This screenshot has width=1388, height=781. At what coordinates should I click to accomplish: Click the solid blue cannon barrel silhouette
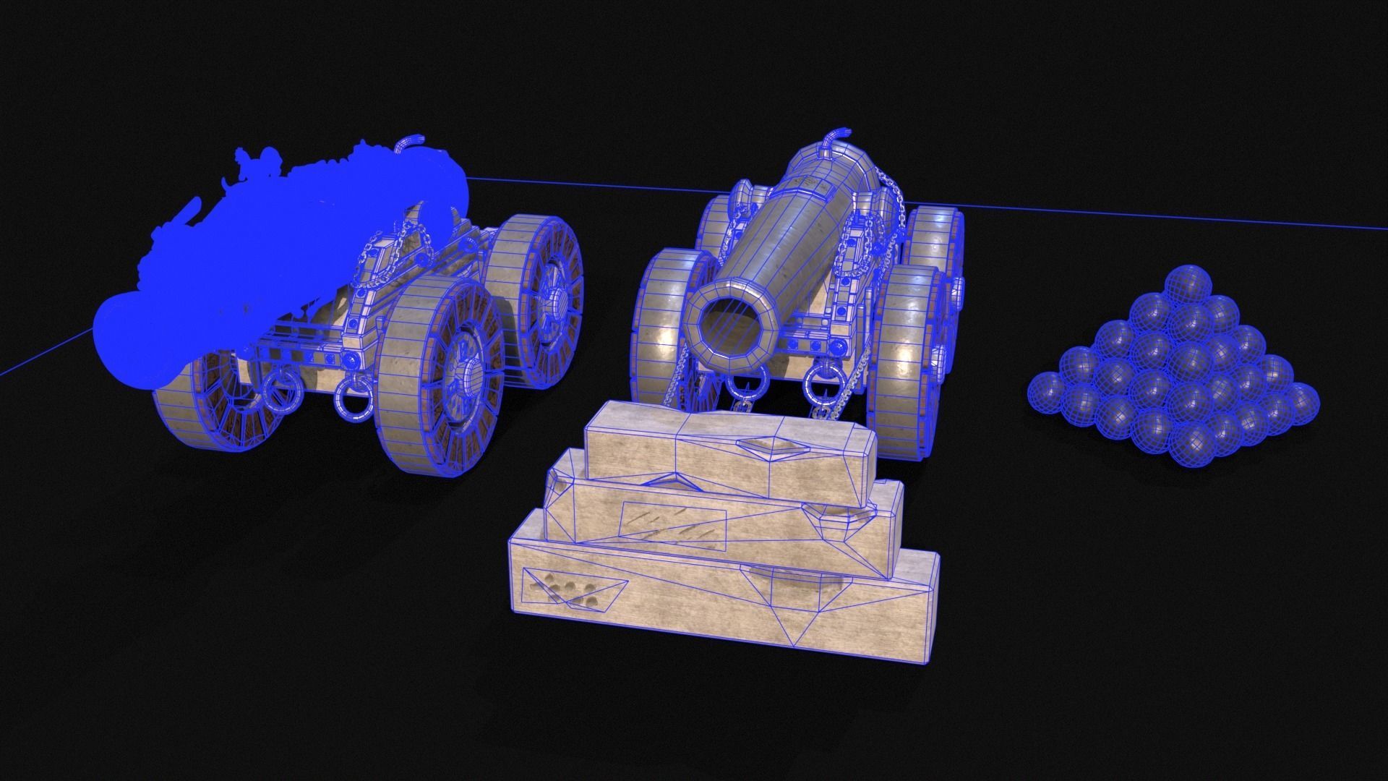click(x=282, y=246)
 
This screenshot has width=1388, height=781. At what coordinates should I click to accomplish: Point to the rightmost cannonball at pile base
click(x=1301, y=401)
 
